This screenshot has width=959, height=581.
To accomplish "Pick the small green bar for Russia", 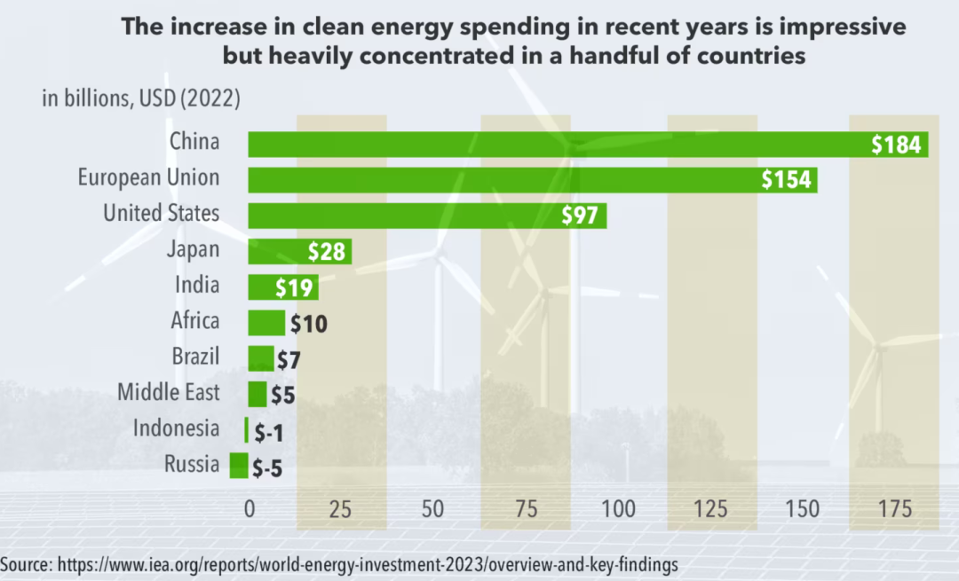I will [x=239, y=466].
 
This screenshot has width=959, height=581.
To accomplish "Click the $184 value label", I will [x=896, y=145].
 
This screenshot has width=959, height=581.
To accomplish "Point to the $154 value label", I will [x=787, y=180].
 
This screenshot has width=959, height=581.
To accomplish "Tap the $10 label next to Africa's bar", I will [x=308, y=324].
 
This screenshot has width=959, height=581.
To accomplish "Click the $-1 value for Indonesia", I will [x=267, y=432].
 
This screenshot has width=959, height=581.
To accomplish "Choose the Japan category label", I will [x=193, y=249].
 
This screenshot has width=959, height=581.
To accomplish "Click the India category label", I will [x=196, y=285].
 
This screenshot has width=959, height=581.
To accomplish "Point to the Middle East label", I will [x=169, y=391].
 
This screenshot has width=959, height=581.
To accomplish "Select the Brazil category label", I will [x=195, y=356].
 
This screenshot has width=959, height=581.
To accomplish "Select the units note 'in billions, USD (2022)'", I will [x=141, y=98].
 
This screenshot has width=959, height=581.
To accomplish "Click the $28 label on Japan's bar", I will [x=327, y=252].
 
